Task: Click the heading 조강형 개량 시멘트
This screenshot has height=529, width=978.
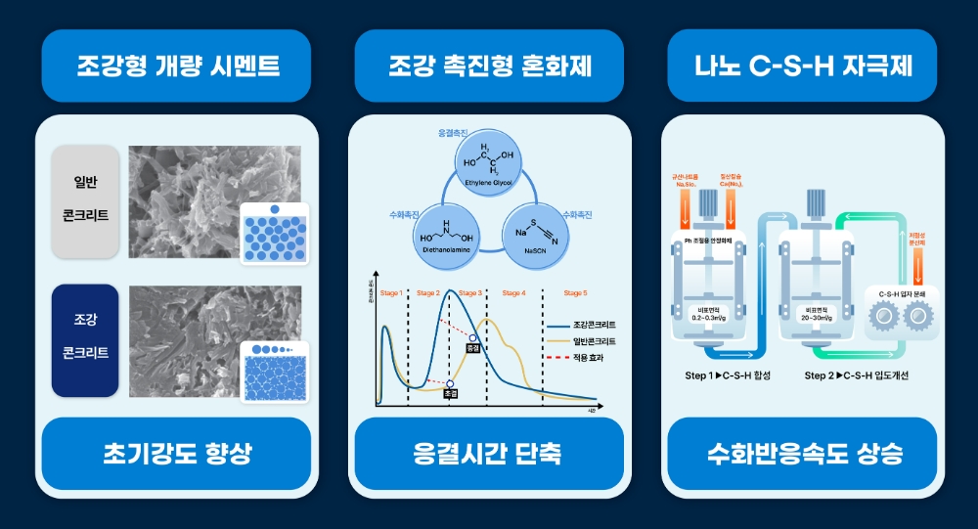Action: tap(176, 66)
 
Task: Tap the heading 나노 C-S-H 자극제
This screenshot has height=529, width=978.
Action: tap(802, 66)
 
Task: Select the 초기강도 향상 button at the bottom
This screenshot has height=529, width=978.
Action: tap(176, 453)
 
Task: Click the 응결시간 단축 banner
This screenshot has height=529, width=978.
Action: tap(488, 453)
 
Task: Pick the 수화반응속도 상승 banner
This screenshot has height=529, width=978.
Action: tap(802, 453)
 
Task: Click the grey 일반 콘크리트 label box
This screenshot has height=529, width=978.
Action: tap(84, 201)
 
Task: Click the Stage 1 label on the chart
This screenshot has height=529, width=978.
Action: tap(390, 292)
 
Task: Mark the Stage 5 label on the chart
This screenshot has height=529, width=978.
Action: tap(576, 292)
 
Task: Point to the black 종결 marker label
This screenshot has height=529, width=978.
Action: tap(473, 347)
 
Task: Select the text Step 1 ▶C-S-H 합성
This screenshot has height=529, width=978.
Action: tap(728, 375)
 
